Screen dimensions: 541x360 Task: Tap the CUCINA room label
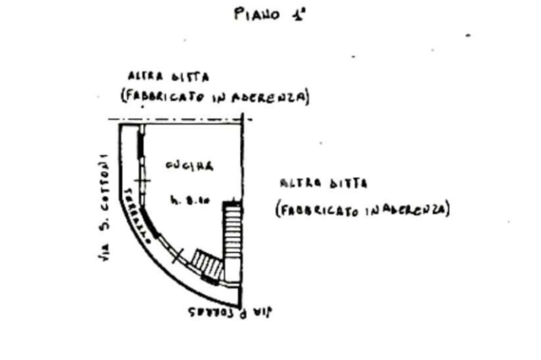[189, 166]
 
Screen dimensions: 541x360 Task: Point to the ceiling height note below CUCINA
[190, 200]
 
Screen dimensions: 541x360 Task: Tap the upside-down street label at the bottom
[229, 312]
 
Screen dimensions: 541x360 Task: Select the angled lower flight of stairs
[207, 263]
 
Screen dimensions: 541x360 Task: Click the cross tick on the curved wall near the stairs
[178, 255]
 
